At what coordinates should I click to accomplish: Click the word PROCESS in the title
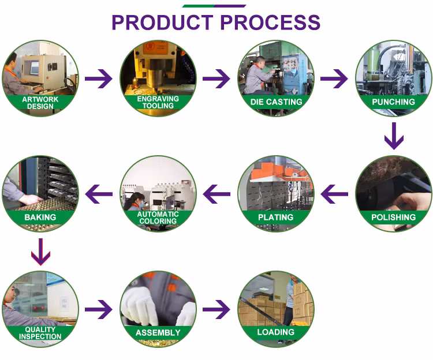pyautogui.click(x=270, y=22)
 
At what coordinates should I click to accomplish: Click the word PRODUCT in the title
pyautogui.click(x=162, y=22)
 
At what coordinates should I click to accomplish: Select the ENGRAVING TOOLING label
pyautogui.click(x=158, y=102)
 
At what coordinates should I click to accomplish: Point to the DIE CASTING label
pyautogui.click(x=276, y=102)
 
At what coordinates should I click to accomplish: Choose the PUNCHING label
pyautogui.click(x=394, y=102)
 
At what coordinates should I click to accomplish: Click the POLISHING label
pyautogui.click(x=394, y=217)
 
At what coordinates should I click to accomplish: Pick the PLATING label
pyautogui.click(x=276, y=217)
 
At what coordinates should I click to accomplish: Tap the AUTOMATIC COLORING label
pyautogui.click(x=158, y=217)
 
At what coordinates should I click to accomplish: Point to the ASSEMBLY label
pyautogui.click(x=158, y=333)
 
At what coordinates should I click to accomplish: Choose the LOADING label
pyautogui.click(x=276, y=333)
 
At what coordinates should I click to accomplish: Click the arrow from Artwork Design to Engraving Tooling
pyautogui.click(x=99, y=78)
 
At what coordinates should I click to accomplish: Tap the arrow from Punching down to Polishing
pyautogui.click(x=394, y=136)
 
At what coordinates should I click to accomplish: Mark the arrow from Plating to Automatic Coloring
pyautogui.click(x=216, y=194)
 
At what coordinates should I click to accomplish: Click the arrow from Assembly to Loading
pyautogui.click(x=216, y=309)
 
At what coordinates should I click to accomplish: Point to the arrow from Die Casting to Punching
pyautogui.click(x=334, y=78)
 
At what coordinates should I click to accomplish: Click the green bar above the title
pyautogui.click(x=214, y=6)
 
